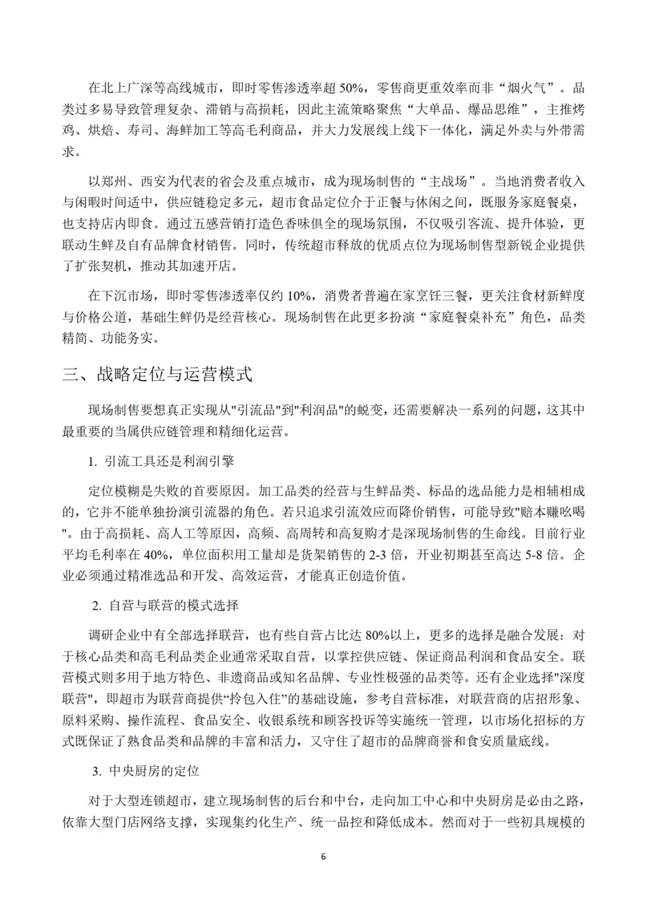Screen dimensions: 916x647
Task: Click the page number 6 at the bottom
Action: click(323, 857)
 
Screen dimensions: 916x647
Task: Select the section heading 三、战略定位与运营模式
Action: click(157, 374)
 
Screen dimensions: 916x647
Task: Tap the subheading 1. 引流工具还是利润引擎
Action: click(161, 461)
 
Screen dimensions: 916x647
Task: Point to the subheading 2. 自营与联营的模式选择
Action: click(165, 605)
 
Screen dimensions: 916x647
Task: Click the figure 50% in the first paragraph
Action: click(351, 88)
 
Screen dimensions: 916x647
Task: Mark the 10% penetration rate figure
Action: click(300, 296)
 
